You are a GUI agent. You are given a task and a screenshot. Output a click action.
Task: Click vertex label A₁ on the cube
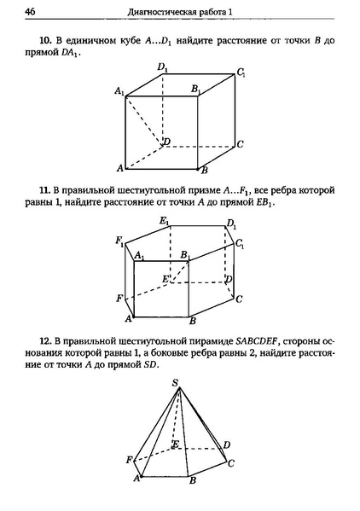point(119,90)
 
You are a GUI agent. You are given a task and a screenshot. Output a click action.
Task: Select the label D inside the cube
point(167,141)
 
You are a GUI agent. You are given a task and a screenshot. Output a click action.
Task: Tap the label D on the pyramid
point(226,444)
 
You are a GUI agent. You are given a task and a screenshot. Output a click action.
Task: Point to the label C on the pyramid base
point(232,462)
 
